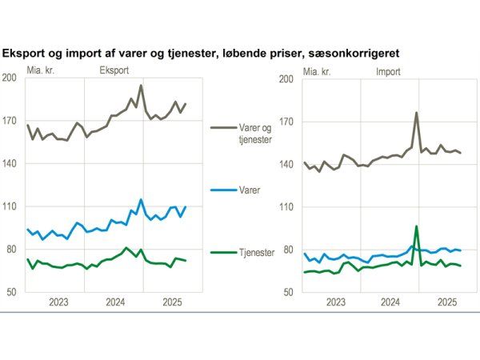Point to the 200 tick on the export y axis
tap(10, 78)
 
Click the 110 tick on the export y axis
tap(10, 207)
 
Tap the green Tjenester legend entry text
tap(256, 252)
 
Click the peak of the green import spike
tap(417, 226)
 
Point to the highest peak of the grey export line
tap(141, 86)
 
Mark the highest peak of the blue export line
tap(141, 200)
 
